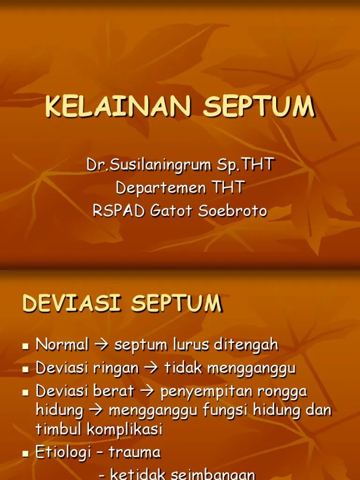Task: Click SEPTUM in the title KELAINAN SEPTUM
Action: pyautogui.click(x=259, y=107)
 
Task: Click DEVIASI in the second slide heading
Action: pyautogui.click(x=73, y=303)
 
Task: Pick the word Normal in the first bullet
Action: pyautogui.click(x=62, y=345)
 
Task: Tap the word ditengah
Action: pyautogui.click(x=246, y=345)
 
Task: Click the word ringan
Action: pyautogui.click(x=116, y=368)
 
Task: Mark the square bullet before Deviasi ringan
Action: pyautogui.click(x=26, y=369)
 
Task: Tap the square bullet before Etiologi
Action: pyautogui.click(x=26, y=454)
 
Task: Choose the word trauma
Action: pyautogui.click(x=135, y=453)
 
